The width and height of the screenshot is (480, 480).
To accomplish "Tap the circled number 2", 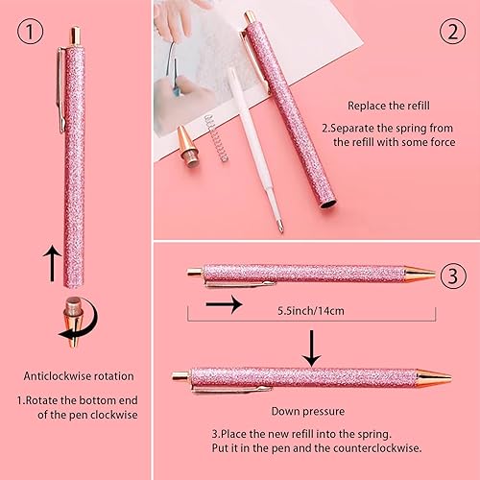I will coord(450,31).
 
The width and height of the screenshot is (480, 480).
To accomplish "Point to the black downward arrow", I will coord(310,345).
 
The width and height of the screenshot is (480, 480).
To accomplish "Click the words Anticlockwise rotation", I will coord(80,376).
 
